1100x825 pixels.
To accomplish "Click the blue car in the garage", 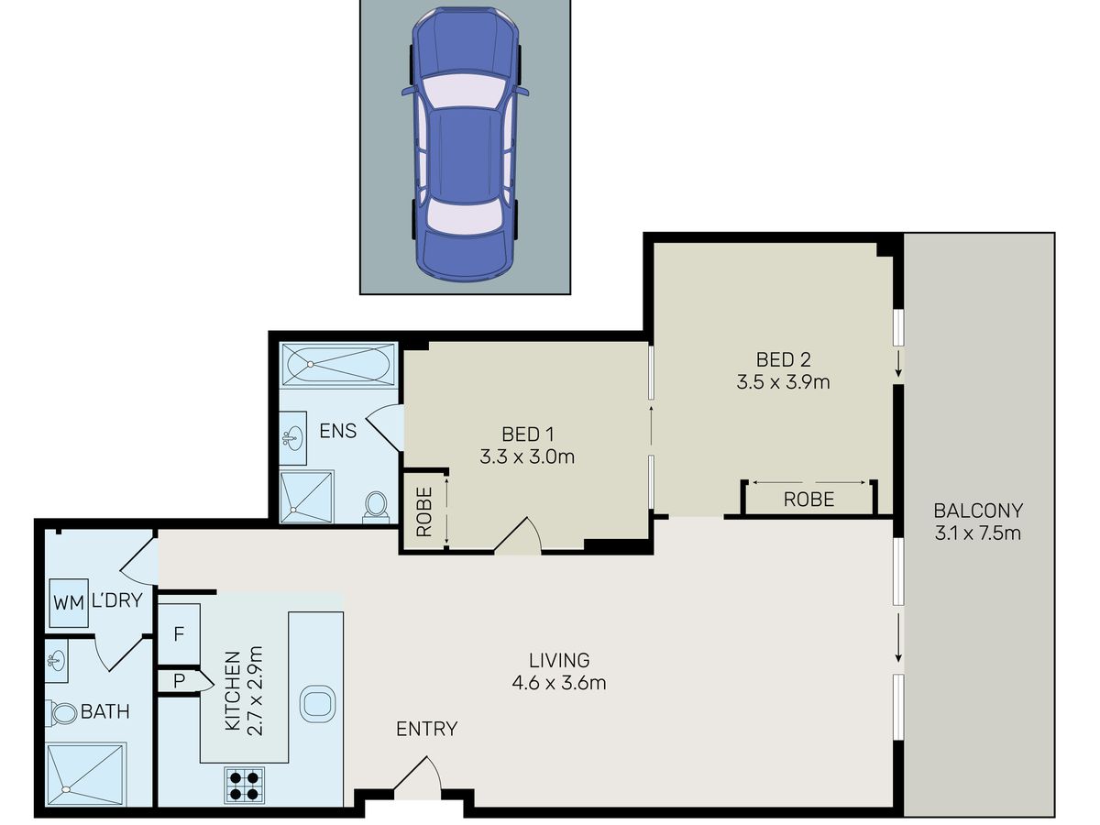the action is (x=465, y=144).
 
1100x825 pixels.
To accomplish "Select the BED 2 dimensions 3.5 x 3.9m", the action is (x=783, y=382).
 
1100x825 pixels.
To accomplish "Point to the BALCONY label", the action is (x=978, y=511).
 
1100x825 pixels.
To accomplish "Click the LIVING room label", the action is (x=559, y=660).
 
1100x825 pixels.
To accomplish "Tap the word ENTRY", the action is (x=426, y=729).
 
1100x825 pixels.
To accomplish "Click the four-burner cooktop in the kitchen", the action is (x=244, y=786).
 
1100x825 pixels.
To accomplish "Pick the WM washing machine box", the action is (x=69, y=603).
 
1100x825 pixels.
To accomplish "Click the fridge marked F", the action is (x=179, y=634).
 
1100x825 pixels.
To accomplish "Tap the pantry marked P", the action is (x=179, y=681).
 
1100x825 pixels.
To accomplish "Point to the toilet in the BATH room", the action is (x=61, y=713).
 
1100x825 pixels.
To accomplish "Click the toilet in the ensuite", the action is (x=375, y=505).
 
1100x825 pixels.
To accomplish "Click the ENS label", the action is (x=337, y=431).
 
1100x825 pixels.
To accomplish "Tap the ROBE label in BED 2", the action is (x=808, y=500).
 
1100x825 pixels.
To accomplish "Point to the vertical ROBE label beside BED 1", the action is (x=424, y=511).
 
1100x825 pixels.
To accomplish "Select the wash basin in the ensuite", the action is (x=292, y=439).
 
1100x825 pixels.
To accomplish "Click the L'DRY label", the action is (x=117, y=600).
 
